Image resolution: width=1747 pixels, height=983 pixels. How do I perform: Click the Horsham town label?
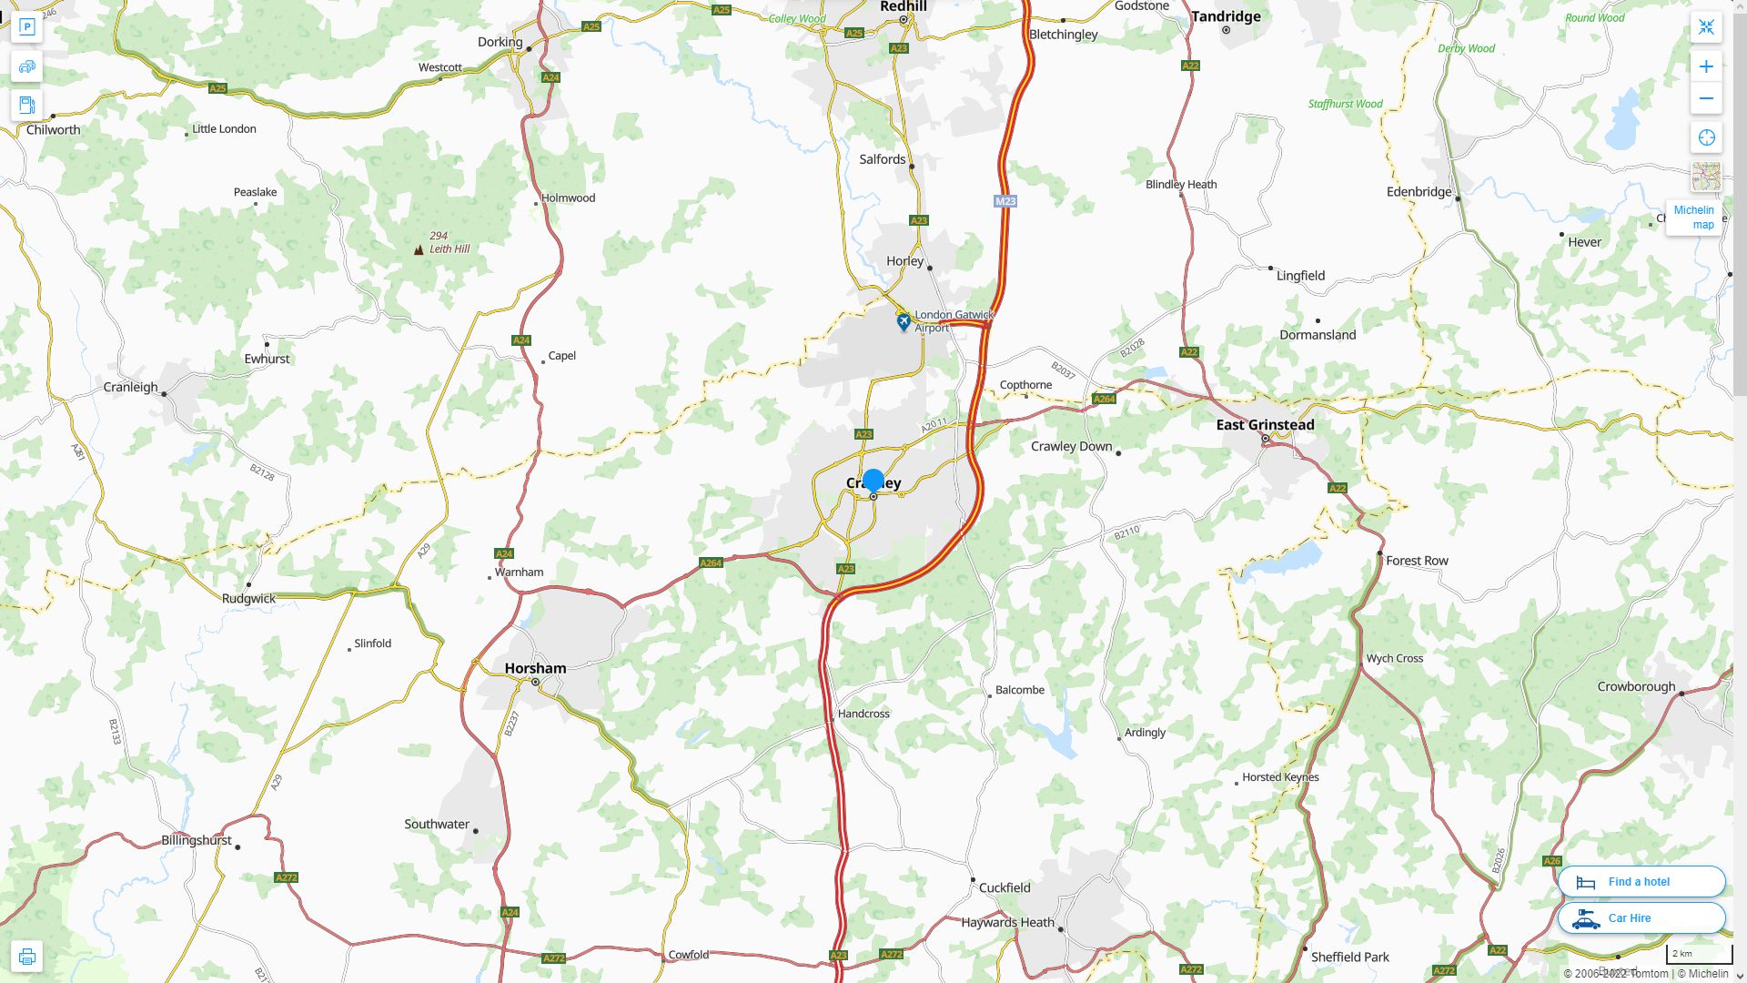(535, 668)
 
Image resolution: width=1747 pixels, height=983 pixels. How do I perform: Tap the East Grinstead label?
(1265, 425)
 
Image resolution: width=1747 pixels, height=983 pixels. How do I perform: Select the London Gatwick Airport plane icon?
(903, 322)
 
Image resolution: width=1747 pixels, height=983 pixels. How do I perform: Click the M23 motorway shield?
(1005, 201)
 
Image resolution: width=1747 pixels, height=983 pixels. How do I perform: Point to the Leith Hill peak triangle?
(419, 249)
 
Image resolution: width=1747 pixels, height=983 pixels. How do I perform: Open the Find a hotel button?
(1641, 882)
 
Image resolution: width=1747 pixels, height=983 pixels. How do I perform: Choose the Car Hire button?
(1641, 918)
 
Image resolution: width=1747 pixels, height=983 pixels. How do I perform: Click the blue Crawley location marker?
(873, 481)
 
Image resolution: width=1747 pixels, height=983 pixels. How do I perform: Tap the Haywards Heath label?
(1007, 923)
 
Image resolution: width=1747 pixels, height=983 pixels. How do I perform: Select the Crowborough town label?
(1636, 687)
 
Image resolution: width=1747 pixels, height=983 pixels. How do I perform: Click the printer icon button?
(26, 957)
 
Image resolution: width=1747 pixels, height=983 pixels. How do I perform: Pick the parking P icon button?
(26, 27)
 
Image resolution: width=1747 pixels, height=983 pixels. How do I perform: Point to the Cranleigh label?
(131, 388)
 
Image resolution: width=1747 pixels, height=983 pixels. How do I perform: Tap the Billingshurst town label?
(197, 840)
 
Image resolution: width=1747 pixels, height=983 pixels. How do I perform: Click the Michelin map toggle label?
(1693, 218)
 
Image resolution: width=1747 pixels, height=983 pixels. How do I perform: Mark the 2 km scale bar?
(1699, 955)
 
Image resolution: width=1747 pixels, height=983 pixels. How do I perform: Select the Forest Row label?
(1417, 561)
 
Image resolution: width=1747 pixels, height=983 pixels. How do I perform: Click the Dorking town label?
(500, 42)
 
